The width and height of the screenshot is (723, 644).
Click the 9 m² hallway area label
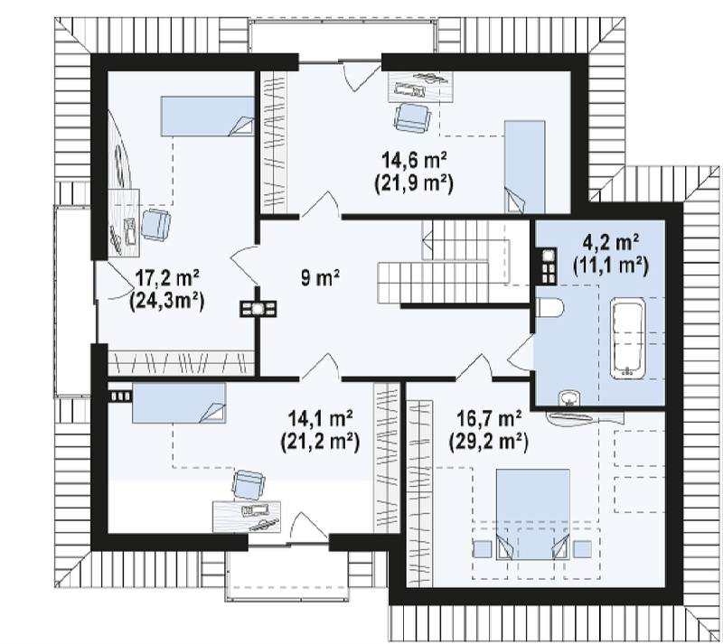[x=321, y=278]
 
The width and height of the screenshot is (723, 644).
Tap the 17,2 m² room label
[x=167, y=278]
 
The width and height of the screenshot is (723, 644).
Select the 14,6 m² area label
[x=414, y=160]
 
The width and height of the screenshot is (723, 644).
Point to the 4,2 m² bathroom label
[x=612, y=242]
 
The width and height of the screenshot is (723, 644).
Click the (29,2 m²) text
[x=489, y=442]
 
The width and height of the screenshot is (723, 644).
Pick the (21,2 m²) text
[x=320, y=442]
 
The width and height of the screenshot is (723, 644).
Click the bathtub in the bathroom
[x=627, y=339]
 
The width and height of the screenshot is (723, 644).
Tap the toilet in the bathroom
[x=549, y=307]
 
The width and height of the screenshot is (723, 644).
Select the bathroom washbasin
[x=570, y=399]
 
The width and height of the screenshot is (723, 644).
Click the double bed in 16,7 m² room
[x=532, y=515]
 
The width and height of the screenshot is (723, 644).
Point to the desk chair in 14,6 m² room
[x=413, y=117]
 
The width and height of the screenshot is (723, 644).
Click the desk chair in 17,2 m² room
[x=155, y=225]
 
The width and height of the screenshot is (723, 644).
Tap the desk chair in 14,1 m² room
[x=249, y=485]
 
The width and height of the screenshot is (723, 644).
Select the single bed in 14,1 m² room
[x=179, y=403]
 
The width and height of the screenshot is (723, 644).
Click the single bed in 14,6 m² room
[x=525, y=167]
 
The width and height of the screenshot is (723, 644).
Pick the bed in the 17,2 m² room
[x=208, y=117]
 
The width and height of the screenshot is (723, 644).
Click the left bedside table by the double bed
[x=483, y=548]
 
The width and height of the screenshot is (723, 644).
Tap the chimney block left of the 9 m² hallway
[x=258, y=308]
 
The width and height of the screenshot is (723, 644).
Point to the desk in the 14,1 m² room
[x=247, y=517]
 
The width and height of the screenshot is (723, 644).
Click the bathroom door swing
[x=521, y=352]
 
